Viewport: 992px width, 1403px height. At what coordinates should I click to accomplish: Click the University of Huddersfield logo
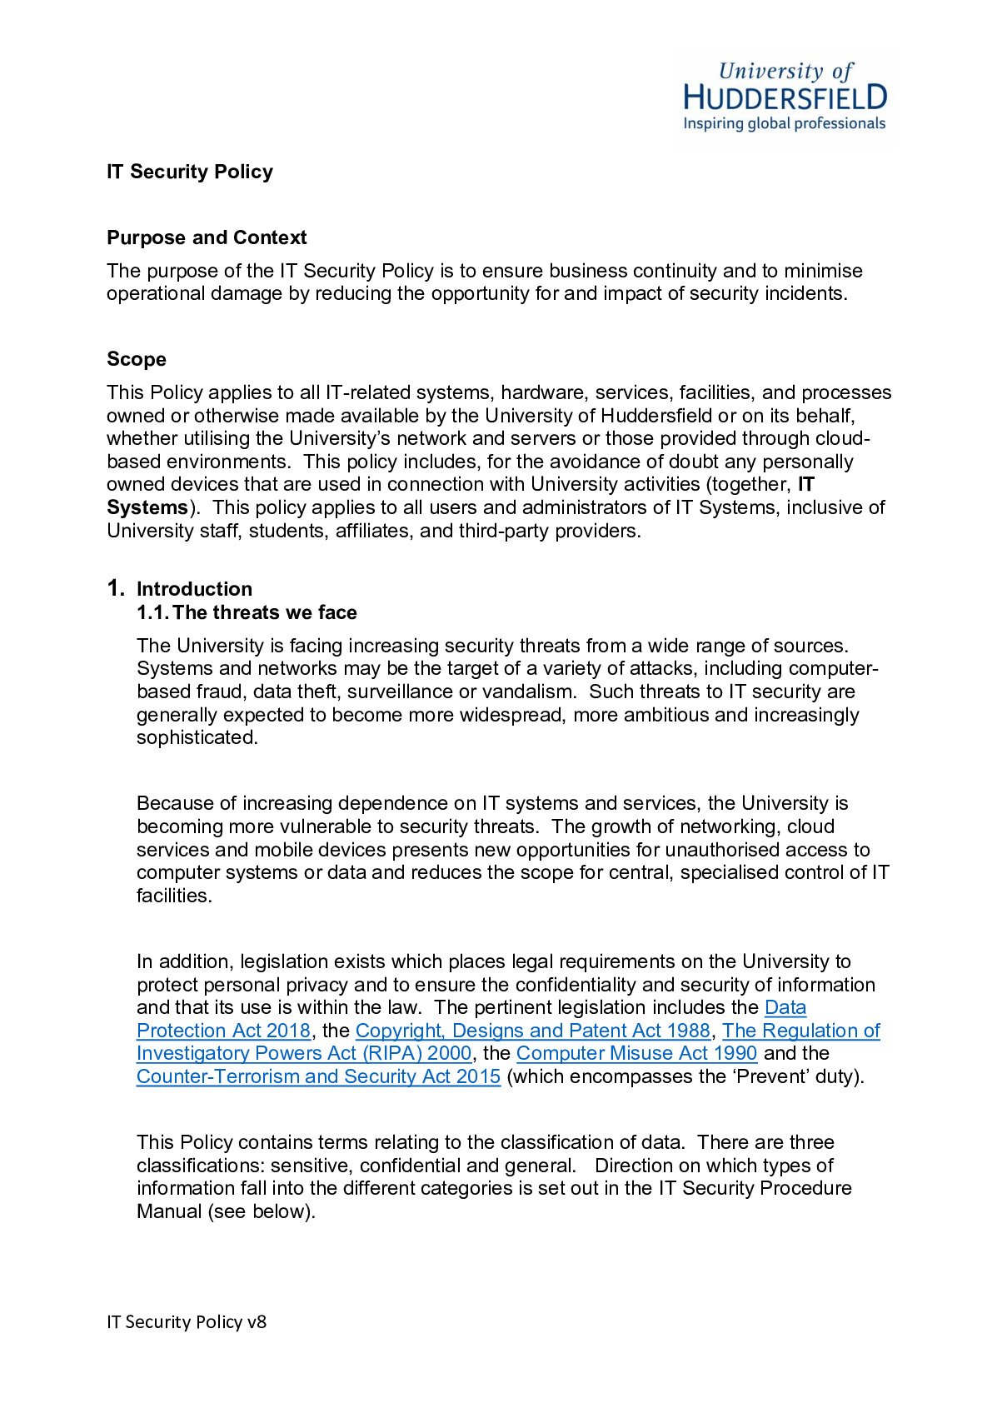(x=785, y=96)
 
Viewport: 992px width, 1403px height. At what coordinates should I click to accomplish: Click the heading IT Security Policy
(x=190, y=172)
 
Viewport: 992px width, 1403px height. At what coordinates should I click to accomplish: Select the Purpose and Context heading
(x=207, y=237)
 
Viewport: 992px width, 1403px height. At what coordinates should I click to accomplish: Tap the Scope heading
(x=137, y=359)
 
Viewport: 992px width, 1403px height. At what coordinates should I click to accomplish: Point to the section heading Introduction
(x=194, y=589)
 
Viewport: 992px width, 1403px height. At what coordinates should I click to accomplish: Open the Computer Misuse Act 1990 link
(x=636, y=1053)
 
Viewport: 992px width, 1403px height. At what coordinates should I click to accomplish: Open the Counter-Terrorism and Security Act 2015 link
(x=318, y=1076)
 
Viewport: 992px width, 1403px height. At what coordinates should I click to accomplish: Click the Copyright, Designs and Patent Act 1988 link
(x=532, y=1031)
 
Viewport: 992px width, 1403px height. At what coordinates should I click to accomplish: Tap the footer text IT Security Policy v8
(x=187, y=1321)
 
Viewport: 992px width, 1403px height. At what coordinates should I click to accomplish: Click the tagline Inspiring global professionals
(x=784, y=124)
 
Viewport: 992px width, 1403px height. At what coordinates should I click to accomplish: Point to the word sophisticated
(x=197, y=737)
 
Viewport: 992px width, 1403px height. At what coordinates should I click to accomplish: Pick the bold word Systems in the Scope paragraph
(x=147, y=507)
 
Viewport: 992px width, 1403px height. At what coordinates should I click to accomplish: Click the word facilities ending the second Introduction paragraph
(x=174, y=896)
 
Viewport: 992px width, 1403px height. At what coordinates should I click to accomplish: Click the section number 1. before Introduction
(x=116, y=588)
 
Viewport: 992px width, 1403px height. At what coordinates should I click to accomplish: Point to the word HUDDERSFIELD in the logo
(x=785, y=97)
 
